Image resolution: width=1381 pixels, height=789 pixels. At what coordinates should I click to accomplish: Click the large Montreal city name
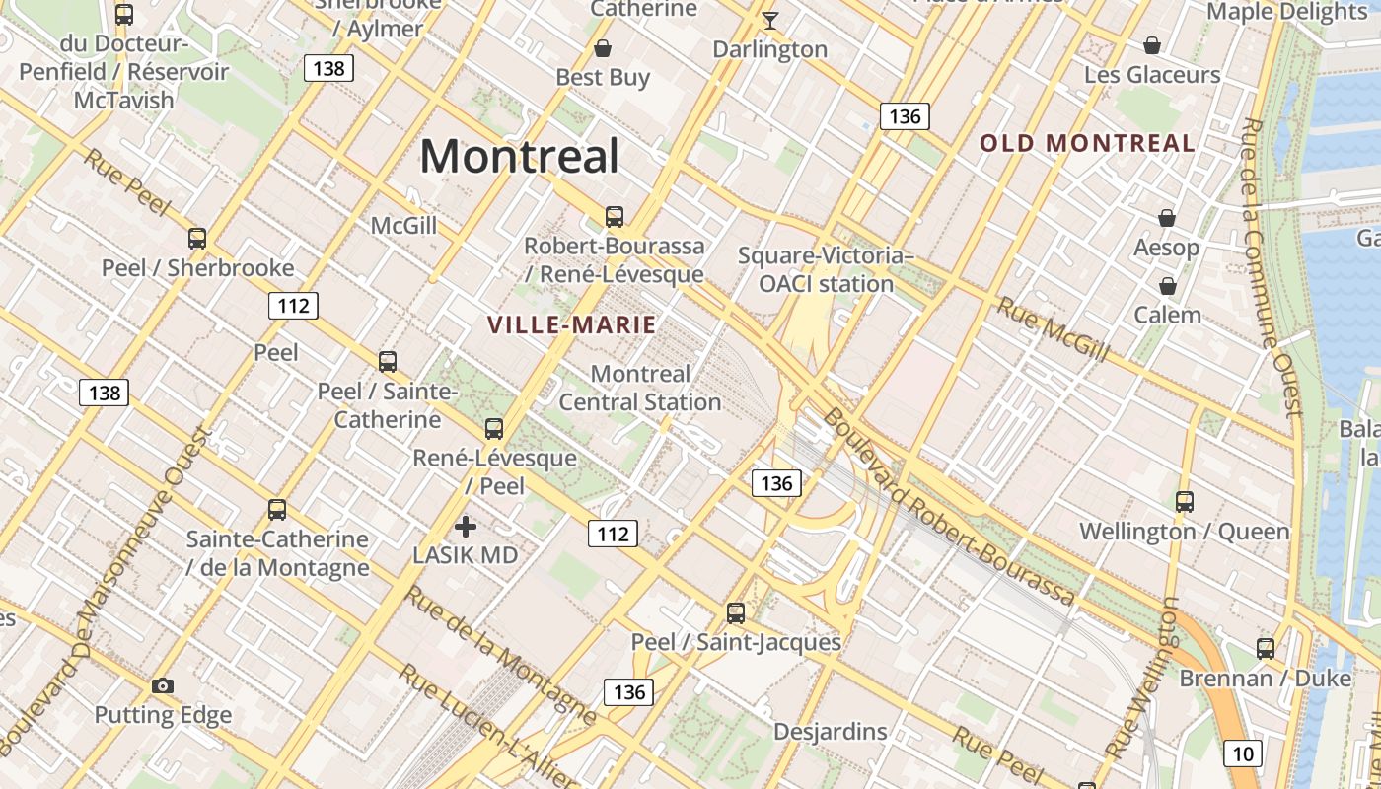(x=520, y=156)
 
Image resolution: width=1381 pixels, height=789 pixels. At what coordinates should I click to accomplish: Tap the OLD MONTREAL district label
(x=1087, y=143)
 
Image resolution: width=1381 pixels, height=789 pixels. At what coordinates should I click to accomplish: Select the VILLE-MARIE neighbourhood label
(x=572, y=323)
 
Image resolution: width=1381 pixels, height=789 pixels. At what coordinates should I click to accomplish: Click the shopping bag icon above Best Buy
(x=603, y=47)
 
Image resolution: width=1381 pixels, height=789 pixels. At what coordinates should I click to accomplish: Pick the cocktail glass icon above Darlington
(x=770, y=20)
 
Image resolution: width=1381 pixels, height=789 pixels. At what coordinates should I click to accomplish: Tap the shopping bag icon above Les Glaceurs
(x=1151, y=45)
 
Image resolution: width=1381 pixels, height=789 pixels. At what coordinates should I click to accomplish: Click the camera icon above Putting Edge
(x=163, y=685)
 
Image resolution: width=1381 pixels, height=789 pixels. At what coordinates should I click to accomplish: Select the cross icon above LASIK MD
(x=466, y=527)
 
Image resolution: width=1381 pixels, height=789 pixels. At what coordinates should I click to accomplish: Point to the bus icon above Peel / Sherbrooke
(x=197, y=238)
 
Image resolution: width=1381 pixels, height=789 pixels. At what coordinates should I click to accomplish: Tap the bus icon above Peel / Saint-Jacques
(x=736, y=612)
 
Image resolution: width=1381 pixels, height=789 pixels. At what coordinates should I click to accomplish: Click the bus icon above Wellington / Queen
(x=1185, y=501)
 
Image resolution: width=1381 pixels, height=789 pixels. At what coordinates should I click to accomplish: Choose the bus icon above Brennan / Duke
(x=1266, y=648)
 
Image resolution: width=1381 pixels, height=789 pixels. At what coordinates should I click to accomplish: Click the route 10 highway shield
(x=1243, y=754)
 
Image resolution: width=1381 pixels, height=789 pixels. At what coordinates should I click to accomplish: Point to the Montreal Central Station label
(x=640, y=388)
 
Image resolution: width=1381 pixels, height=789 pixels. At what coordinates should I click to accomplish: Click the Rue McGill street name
(x=1054, y=328)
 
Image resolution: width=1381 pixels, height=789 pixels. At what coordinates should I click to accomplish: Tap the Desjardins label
(x=831, y=732)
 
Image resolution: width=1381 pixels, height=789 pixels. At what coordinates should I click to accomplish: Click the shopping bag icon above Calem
(x=1168, y=286)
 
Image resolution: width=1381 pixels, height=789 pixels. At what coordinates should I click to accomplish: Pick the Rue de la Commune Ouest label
(x=1273, y=266)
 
